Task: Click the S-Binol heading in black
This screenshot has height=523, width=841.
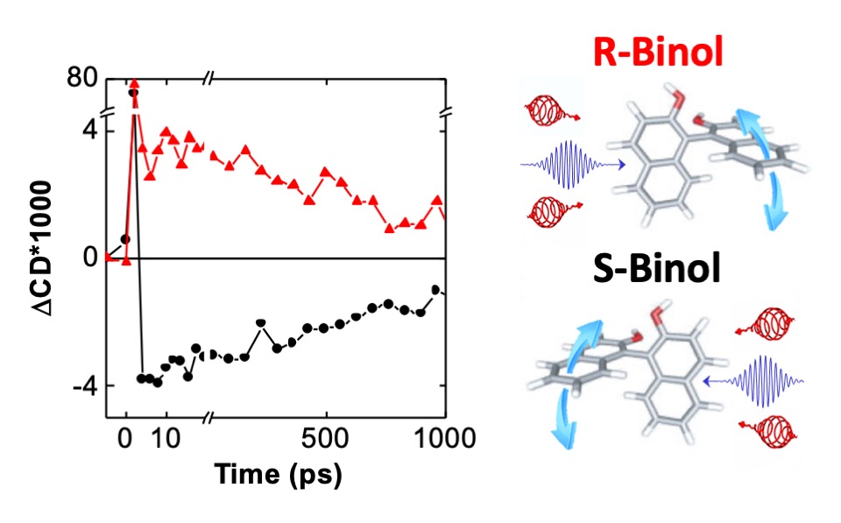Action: pyautogui.click(x=654, y=268)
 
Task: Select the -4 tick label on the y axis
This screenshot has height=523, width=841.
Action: pyautogui.click(x=83, y=385)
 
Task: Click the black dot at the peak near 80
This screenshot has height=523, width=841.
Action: pyautogui.click(x=133, y=92)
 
